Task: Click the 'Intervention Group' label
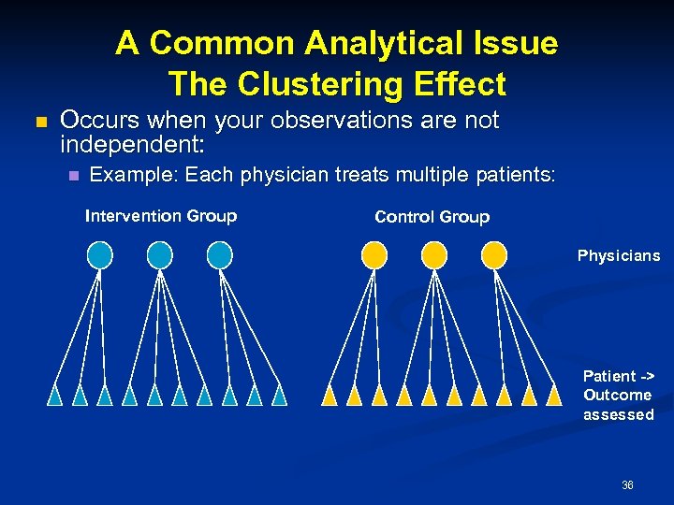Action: [160, 216]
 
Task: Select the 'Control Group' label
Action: [432, 217]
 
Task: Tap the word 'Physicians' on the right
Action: [618, 255]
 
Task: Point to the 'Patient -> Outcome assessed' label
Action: [618, 395]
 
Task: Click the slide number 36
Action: [627, 485]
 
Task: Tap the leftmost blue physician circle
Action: [100, 254]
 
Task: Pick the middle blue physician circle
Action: [160, 254]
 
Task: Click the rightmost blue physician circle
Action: [219, 254]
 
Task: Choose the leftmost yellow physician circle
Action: [374, 254]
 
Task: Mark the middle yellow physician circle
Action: [434, 254]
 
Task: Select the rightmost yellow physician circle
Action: [494, 254]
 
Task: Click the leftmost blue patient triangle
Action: [55, 396]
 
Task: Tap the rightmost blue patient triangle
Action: [278, 396]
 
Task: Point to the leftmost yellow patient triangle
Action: [330, 396]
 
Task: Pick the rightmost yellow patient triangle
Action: [553, 396]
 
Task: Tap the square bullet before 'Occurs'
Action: [39, 123]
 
